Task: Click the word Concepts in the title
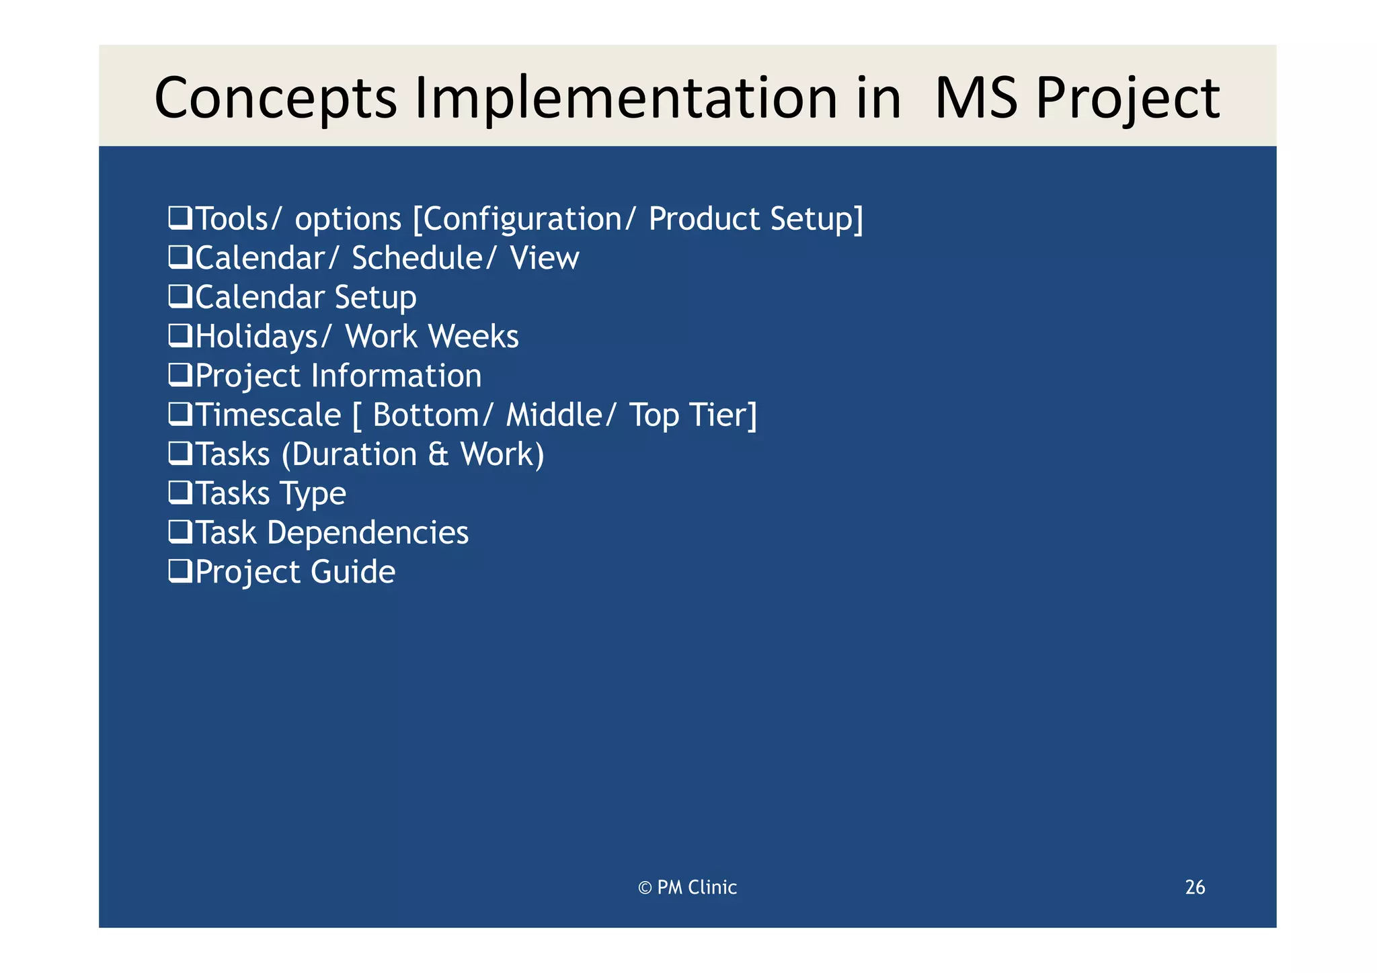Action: (276, 99)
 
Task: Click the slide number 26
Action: (1195, 888)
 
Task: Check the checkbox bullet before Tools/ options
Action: (180, 218)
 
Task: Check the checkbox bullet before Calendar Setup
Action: (180, 296)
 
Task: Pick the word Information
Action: (396, 376)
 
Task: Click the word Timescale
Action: (268, 415)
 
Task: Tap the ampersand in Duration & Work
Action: (438, 455)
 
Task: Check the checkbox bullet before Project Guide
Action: (180, 571)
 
